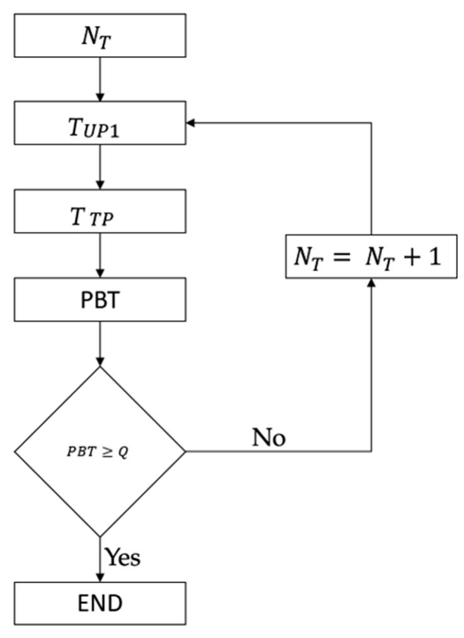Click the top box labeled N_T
[x=100, y=35]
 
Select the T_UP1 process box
[x=100, y=123]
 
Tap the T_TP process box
[x=100, y=212]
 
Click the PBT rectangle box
[x=100, y=300]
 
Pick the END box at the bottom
[x=100, y=603]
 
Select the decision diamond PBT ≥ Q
[x=100, y=451]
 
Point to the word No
[x=269, y=437]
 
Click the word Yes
[x=122, y=557]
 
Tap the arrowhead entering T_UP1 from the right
[x=191, y=123]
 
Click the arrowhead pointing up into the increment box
[x=371, y=283]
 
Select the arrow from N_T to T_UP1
[x=100, y=79]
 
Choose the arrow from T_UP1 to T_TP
[x=100, y=167]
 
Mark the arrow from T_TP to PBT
[x=100, y=255]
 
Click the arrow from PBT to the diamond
[x=100, y=343]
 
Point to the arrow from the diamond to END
[x=100, y=559]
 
